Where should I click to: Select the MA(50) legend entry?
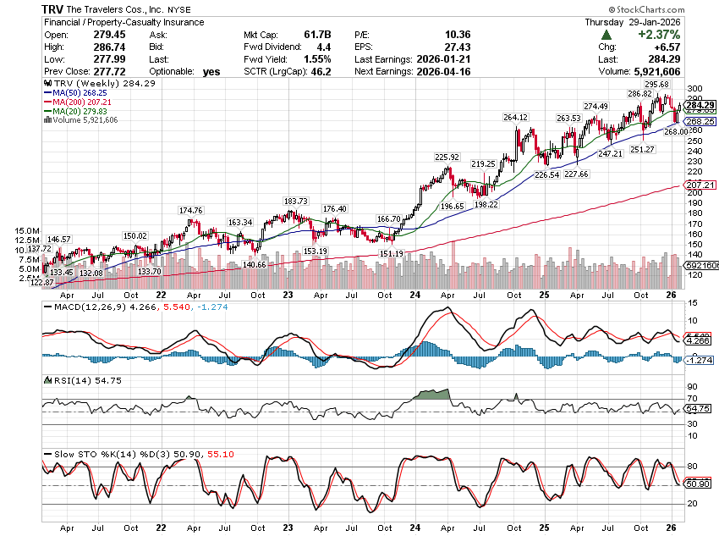point(72,92)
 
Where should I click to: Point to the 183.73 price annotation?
point(296,201)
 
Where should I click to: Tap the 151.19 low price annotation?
point(392,253)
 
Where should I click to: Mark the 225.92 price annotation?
point(447,157)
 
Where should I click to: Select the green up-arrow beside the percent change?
point(607,35)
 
